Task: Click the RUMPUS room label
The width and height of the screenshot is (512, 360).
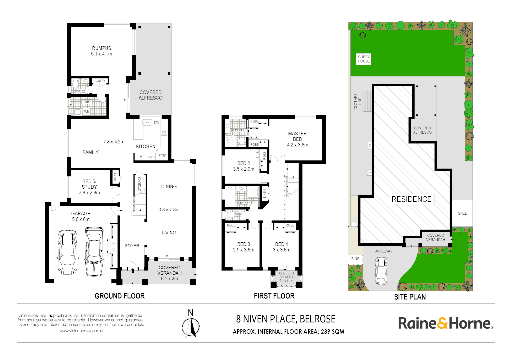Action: (102, 48)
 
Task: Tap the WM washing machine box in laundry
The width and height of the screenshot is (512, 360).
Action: (87, 112)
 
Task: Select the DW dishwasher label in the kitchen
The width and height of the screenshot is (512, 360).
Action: (156, 122)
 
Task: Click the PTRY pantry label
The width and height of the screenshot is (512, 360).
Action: (163, 156)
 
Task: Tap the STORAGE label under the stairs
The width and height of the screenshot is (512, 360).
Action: (140, 184)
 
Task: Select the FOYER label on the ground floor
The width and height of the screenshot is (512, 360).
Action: (132, 246)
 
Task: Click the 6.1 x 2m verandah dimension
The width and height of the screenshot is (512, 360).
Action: (169, 279)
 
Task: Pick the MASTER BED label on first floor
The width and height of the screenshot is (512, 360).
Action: (297, 136)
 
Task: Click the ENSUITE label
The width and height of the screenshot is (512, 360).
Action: (238, 130)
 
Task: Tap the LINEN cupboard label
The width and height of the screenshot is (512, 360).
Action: (265, 193)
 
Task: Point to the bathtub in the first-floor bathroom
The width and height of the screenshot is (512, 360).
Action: (230, 197)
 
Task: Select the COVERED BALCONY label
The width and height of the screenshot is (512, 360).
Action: (286, 275)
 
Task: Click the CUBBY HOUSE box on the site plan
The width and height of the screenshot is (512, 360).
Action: (364, 59)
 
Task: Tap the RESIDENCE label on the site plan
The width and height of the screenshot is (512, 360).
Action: (411, 199)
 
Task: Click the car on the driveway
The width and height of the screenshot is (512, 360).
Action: (381, 271)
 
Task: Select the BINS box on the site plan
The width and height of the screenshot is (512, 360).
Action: (355, 259)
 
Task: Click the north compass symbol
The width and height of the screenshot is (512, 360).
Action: (191, 325)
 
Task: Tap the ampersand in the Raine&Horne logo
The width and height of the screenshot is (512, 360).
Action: (442, 323)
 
